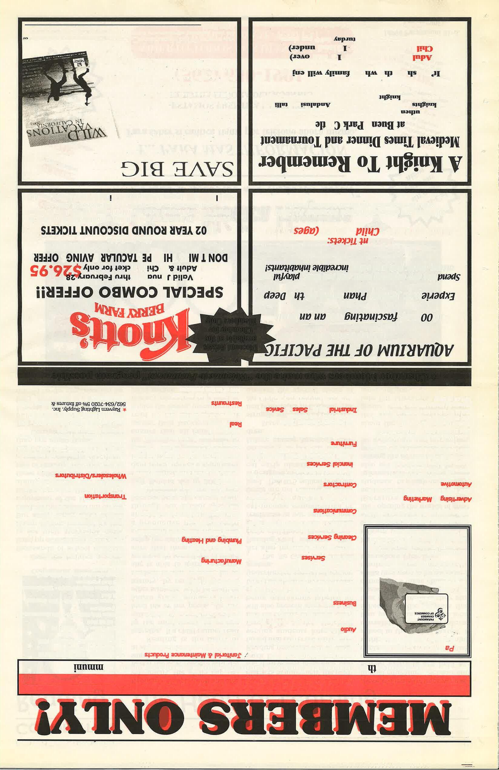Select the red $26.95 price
pos(55,271)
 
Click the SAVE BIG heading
pos(177,168)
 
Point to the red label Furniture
pos(344,443)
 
